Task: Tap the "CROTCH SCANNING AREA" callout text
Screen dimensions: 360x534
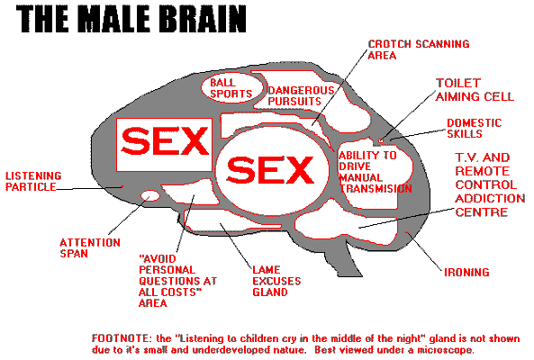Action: point(412,49)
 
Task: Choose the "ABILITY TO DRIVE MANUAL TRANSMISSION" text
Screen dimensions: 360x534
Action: point(375,172)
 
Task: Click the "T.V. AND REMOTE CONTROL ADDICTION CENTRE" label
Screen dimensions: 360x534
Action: point(482,184)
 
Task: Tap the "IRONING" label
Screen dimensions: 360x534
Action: point(466,272)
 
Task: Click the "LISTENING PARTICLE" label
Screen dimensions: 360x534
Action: point(32,181)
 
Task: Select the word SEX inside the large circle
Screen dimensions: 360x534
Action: point(271,168)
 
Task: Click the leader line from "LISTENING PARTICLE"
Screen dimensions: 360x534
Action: point(90,188)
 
